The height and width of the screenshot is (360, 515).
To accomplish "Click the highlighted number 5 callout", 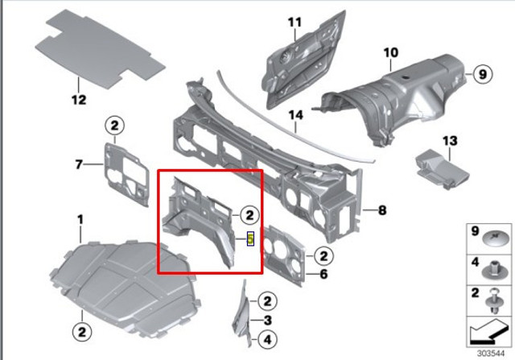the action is click(250, 238).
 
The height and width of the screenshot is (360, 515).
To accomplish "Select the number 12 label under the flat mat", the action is click(79, 100).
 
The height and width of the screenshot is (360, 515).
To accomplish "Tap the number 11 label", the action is click(295, 23).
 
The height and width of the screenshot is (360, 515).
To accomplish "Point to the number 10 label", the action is click(391, 52).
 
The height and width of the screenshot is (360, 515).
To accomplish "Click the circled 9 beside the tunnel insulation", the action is click(483, 74).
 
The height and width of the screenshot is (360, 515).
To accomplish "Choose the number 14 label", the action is click(295, 115).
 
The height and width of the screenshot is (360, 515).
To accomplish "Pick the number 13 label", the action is click(450, 141).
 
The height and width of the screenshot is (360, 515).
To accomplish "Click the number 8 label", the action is click(382, 210).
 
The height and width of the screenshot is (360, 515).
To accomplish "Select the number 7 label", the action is click(79, 164).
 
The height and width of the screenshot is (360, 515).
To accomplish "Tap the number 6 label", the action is click(323, 274).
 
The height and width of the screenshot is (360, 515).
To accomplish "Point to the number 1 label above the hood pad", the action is click(80, 220).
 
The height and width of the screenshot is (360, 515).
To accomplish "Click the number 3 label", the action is click(268, 321).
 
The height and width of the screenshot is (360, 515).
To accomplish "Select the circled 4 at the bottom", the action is click(268, 340).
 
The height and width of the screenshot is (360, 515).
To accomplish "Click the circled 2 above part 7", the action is click(114, 126).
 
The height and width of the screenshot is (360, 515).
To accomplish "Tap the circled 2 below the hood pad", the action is click(82, 331).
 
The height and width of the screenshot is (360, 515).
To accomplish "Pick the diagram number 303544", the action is click(490, 354).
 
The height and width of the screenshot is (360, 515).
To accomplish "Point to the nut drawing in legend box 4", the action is click(496, 270).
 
